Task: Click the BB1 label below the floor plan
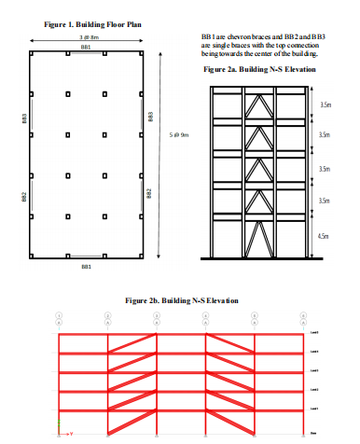[x=86, y=267]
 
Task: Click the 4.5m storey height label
[x=324, y=237]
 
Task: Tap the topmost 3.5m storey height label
[x=325, y=104]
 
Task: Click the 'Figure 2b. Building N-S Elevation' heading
[x=181, y=300]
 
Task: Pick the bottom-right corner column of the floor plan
[x=139, y=257]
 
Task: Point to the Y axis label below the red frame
[x=72, y=434]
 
